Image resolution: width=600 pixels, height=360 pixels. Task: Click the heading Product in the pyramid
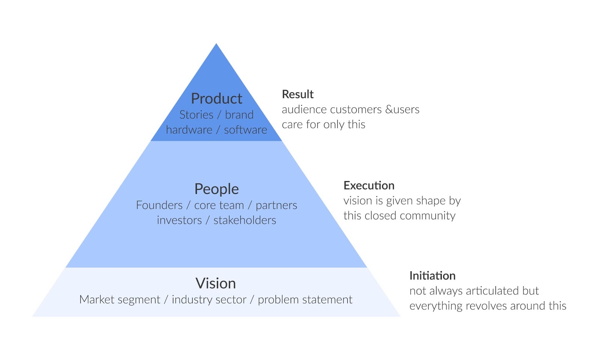(x=216, y=99)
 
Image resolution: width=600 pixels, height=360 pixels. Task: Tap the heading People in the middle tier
(x=216, y=189)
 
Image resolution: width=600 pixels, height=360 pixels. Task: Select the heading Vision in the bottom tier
(x=216, y=283)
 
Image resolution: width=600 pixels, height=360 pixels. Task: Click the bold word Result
(x=297, y=94)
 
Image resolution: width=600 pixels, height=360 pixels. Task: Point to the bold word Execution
(x=369, y=186)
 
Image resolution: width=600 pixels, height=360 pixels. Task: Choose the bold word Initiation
(x=432, y=276)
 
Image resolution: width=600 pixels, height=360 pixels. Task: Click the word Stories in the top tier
(x=196, y=115)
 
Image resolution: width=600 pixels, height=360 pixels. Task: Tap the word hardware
(x=189, y=130)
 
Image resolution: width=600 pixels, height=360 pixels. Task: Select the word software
(x=245, y=130)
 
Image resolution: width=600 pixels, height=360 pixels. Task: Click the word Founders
(x=159, y=205)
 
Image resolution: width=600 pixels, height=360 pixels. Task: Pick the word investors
(x=179, y=220)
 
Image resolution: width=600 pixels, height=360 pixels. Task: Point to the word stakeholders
(x=244, y=220)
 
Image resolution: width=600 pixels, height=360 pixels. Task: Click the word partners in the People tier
(x=276, y=205)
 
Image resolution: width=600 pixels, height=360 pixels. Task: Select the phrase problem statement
(x=305, y=300)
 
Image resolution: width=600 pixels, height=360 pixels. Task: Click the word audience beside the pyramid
(x=304, y=109)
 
